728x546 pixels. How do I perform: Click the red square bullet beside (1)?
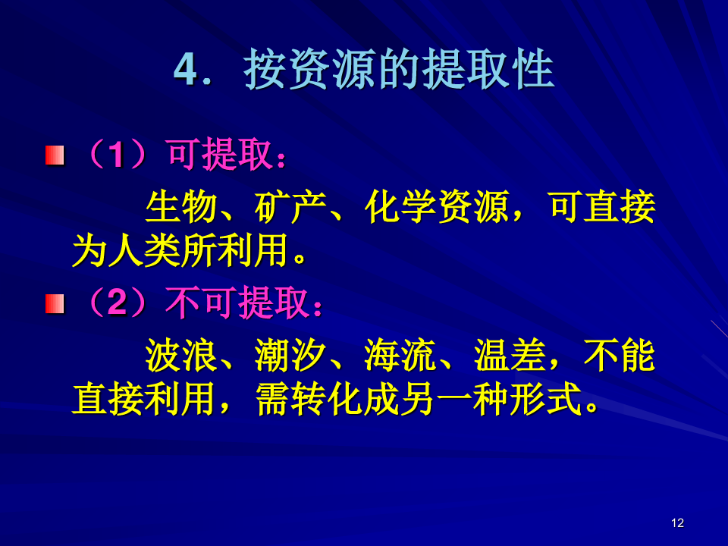tap(55, 155)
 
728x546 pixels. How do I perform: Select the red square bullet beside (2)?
tap(55, 304)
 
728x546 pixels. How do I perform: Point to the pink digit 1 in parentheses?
tap(117, 155)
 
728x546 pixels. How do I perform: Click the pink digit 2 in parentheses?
tap(117, 303)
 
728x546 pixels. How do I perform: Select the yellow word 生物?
tap(181, 206)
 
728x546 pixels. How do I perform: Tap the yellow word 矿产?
tap(290, 206)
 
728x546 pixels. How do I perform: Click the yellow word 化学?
tap(400, 206)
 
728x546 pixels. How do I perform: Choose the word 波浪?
tap(181, 356)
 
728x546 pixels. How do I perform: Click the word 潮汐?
tap(290, 356)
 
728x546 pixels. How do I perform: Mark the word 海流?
tap(400, 356)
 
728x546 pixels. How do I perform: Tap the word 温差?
tap(510, 356)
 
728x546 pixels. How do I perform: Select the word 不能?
tap(620, 356)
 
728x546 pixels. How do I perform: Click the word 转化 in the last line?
tap(328, 400)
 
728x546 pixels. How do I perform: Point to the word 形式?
tap(546, 400)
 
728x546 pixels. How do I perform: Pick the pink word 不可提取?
tap(237, 303)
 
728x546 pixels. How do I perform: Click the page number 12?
tap(677, 523)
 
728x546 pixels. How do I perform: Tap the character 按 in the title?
tap(265, 70)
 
